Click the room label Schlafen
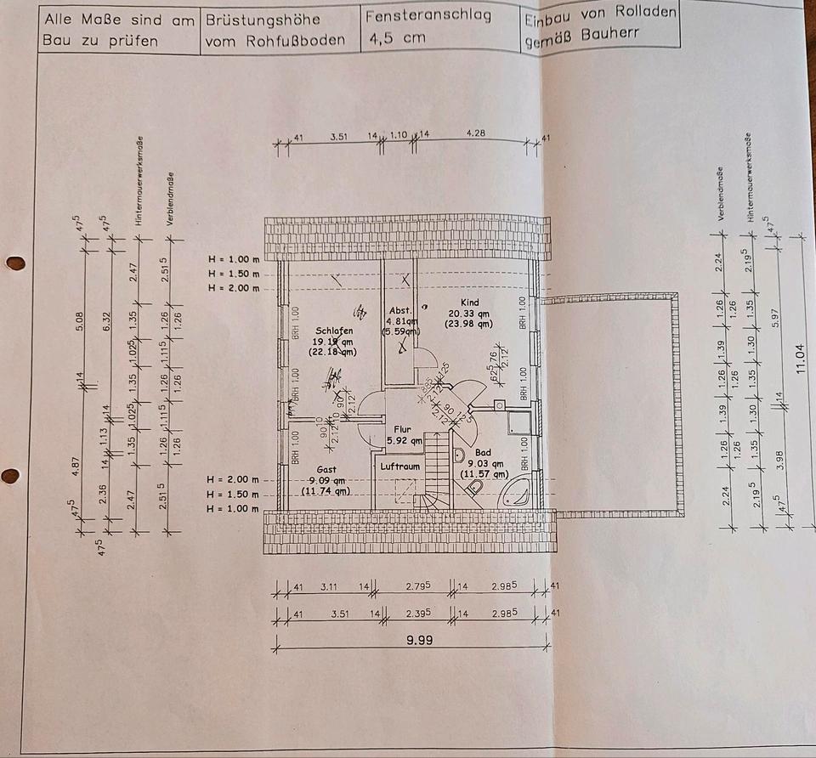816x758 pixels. click(x=333, y=331)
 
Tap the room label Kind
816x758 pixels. click(x=469, y=303)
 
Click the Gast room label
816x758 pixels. click(x=326, y=468)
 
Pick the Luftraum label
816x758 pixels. click(x=399, y=467)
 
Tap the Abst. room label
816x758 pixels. click(x=399, y=310)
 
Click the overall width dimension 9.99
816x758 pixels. click(x=419, y=641)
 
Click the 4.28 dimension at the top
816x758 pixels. click(x=475, y=134)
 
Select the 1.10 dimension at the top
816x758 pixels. click(x=398, y=135)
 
